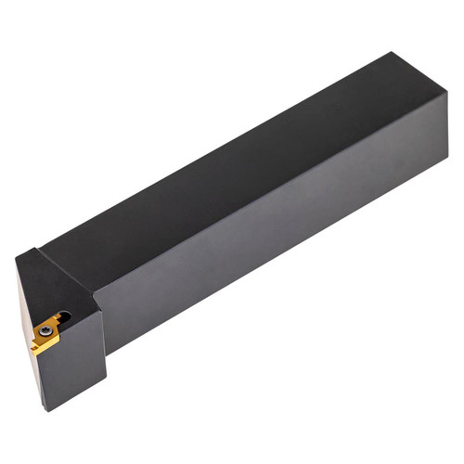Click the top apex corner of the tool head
point(38,248)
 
